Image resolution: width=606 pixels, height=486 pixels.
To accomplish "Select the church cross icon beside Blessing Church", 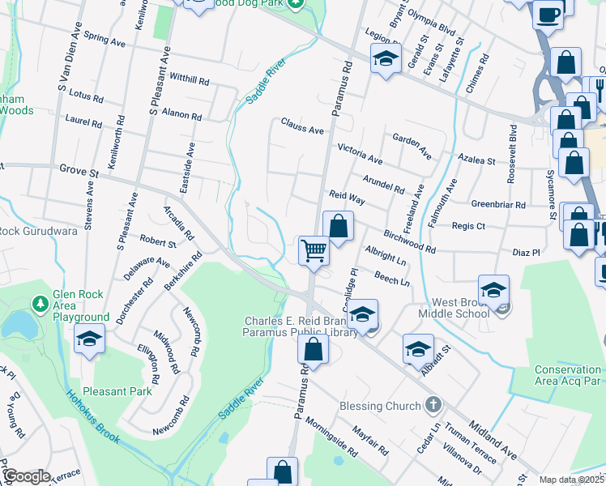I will click(x=433, y=405).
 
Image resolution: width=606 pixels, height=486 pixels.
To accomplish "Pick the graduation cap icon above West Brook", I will click(x=493, y=288).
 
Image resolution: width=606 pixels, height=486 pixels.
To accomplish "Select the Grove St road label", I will click(x=79, y=171).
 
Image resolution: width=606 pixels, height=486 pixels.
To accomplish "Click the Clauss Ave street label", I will click(x=302, y=126).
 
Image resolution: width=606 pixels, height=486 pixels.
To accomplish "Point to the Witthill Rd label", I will click(x=190, y=80).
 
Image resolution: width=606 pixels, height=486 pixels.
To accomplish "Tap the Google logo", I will click(x=27, y=476).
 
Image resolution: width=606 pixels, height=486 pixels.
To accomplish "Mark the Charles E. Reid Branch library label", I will click(x=301, y=326).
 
